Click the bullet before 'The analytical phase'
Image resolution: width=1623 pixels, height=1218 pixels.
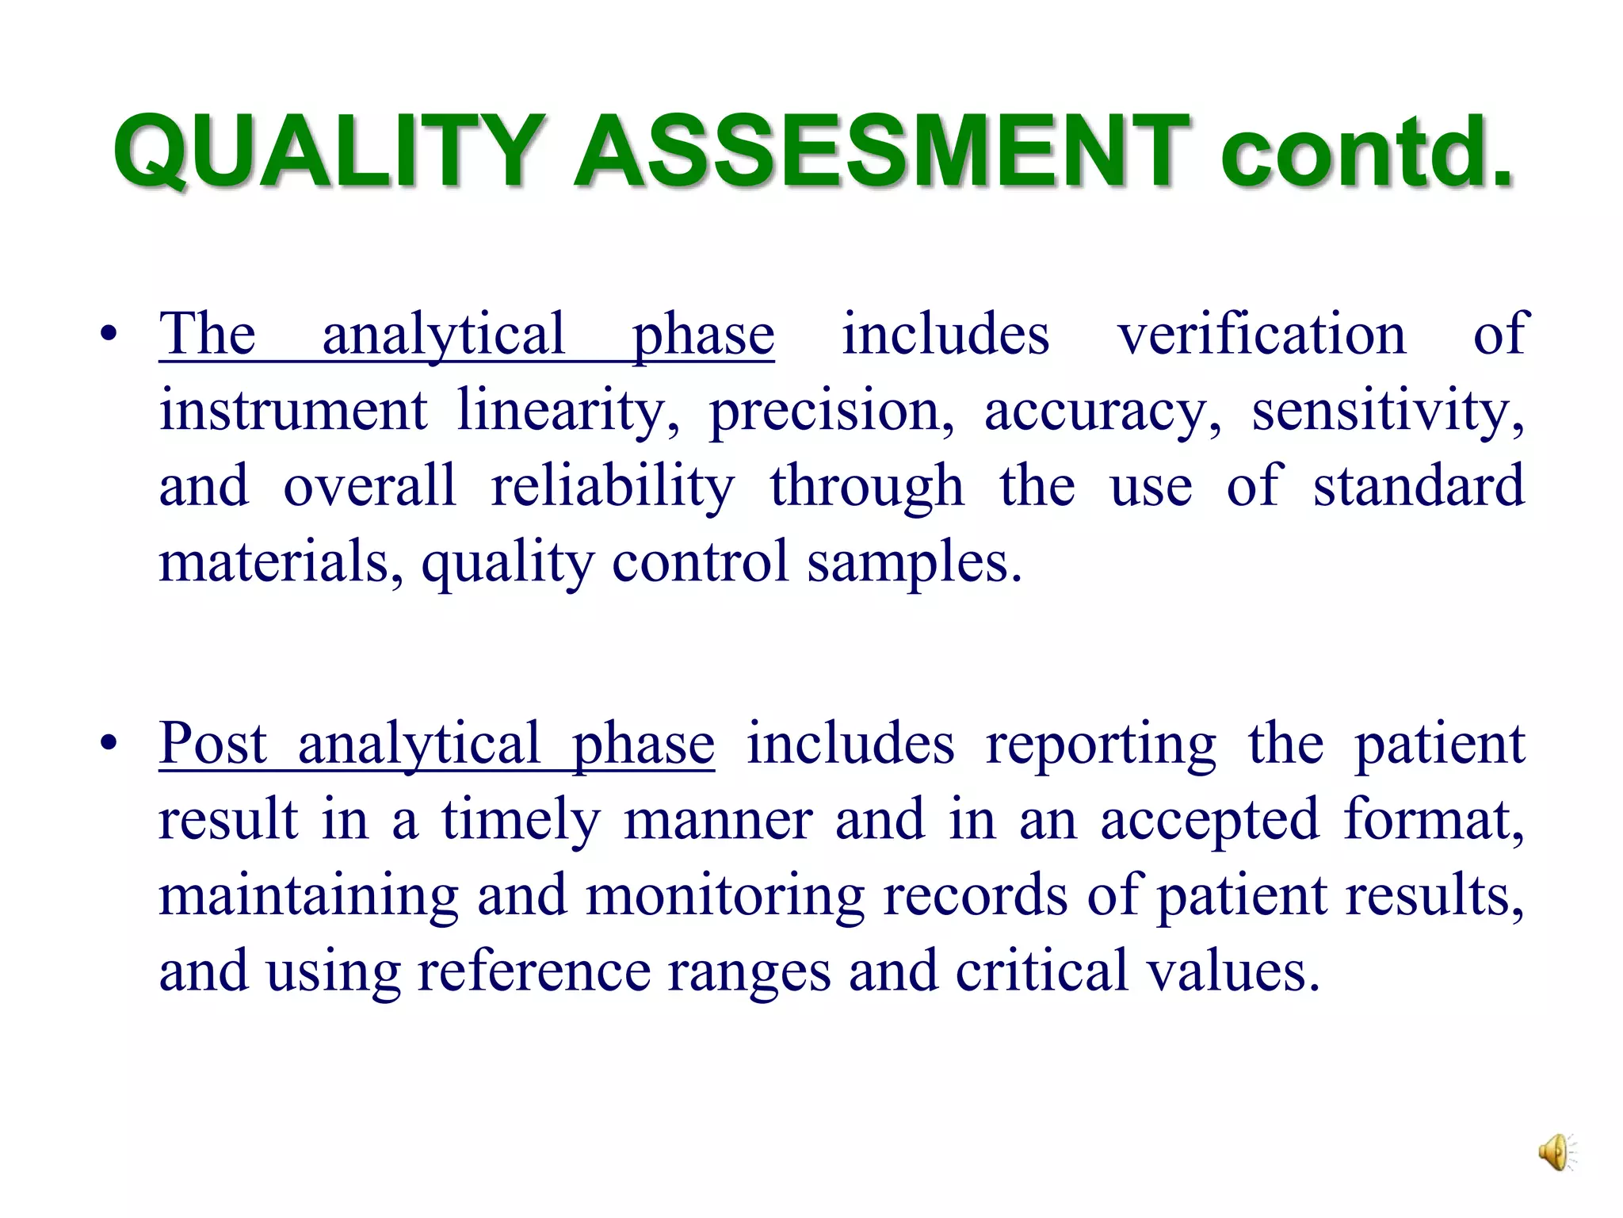pos(109,334)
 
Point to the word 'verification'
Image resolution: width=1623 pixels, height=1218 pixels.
pos(1262,334)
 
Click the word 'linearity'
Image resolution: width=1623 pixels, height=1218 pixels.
pos(567,411)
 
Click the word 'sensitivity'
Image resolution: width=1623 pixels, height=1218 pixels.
pos(1387,411)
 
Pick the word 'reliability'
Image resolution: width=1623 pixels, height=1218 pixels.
pos(612,486)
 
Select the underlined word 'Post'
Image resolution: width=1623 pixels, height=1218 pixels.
pos(212,744)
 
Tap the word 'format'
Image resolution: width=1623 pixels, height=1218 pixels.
pos(1433,819)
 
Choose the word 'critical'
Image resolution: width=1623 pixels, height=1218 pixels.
pos(1041,971)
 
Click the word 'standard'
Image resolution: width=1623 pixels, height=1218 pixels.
pos(1419,486)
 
